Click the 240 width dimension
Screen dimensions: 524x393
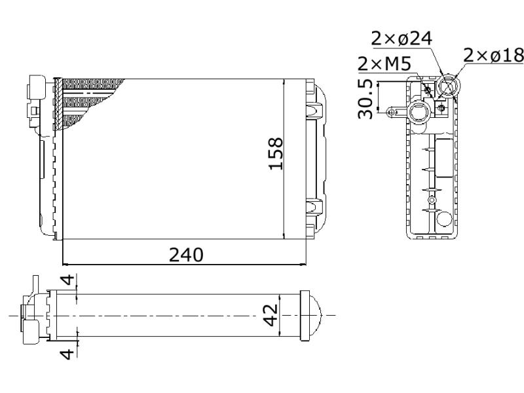(x=186, y=255)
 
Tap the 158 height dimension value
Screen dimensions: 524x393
(x=276, y=154)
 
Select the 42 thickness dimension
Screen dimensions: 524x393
(x=271, y=315)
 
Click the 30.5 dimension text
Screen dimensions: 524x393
(x=365, y=99)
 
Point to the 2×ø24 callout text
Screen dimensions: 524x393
(x=402, y=39)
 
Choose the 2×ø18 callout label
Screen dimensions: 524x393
(x=493, y=55)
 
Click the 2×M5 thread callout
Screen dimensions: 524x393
(x=384, y=64)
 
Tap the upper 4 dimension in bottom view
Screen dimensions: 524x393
(x=69, y=280)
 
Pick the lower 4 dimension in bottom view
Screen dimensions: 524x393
(x=69, y=354)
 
